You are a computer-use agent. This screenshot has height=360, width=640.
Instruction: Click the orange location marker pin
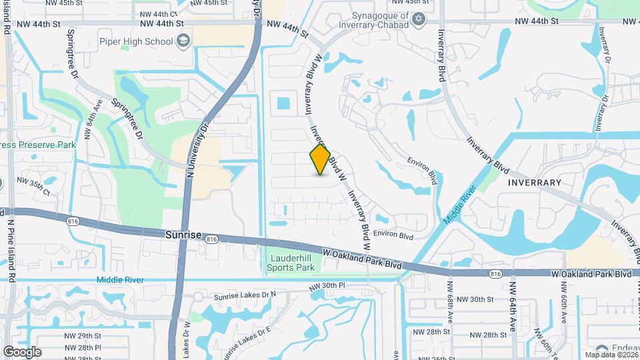[320, 160]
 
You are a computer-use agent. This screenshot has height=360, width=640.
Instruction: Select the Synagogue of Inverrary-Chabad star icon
[419, 18]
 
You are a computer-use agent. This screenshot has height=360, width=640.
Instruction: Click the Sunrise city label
[183, 235]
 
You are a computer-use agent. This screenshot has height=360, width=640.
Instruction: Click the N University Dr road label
[197, 147]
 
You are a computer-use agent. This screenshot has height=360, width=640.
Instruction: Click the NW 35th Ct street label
[33, 185]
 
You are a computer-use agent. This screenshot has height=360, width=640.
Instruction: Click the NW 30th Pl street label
[327, 286]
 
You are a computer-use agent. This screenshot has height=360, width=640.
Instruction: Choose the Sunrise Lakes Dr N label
[245, 296]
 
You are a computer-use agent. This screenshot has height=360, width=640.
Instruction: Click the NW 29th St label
[83, 336]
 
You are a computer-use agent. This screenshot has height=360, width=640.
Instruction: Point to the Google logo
[21, 352]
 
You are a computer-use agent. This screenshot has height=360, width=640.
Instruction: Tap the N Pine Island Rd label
[11, 243]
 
